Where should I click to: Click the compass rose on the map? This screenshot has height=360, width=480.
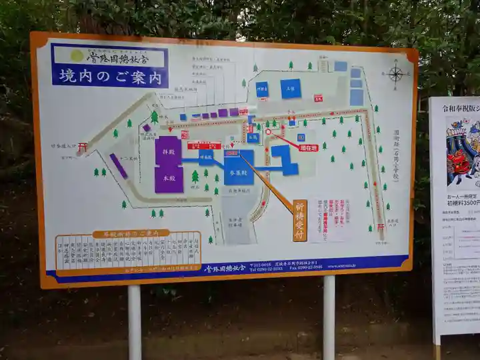(x=395, y=73)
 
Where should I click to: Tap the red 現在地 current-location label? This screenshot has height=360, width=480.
(x=307, y=148)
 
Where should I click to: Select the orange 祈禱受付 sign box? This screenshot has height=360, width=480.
(x=300, y=220)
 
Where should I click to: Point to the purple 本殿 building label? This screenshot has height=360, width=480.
(x=169, y=179)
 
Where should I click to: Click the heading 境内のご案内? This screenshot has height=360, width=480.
(x=110, y=77)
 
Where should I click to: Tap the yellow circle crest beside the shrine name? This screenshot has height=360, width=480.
(x=77, y=56)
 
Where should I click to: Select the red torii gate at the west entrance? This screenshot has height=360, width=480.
(x=82, y=147)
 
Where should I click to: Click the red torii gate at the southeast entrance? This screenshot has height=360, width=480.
(x=380, y=227)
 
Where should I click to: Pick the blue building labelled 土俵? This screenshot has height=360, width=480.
(x=290, y=89)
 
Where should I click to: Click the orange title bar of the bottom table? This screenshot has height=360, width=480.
(x=131, y=234)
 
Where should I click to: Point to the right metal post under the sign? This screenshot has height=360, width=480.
(x=329, y=317)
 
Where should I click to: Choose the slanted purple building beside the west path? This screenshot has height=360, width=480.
(x=119, y=166)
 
